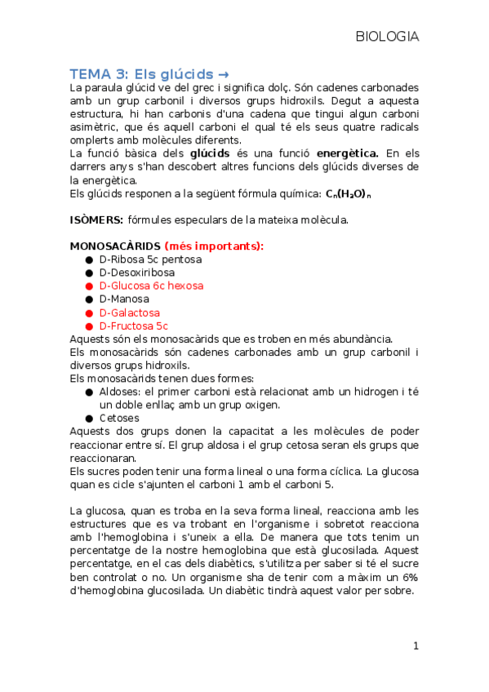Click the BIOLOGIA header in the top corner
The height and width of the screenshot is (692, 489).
point(387,37)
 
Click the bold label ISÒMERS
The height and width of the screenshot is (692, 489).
point(96,220)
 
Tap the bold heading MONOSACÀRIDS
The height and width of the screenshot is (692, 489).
point(115,246)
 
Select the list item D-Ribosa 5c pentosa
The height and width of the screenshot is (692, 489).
point(150,259)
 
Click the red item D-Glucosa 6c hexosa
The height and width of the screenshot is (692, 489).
point(151,286)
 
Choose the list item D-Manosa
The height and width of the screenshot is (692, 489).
point(124,299)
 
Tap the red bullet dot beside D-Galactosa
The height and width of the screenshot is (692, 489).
point(89,313)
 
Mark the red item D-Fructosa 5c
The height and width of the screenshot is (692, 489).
point(133,326)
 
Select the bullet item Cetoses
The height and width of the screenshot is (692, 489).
point(119,418)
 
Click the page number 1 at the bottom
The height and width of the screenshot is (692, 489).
point(416,645)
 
